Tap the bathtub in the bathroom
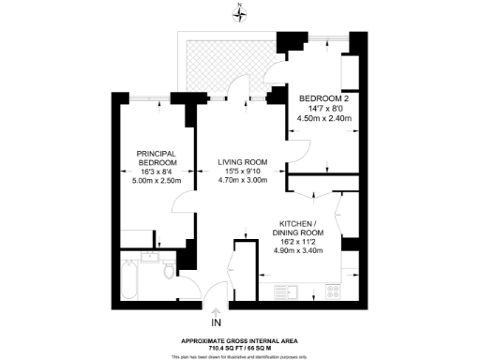coord(129,279)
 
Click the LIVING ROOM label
coord(231,162)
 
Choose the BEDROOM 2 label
coord(323,98)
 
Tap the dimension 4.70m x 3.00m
coord(231,182)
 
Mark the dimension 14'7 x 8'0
coord(323,109)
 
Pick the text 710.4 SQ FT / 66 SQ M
coord(240,348)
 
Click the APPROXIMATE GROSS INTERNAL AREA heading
coord(240,340)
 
